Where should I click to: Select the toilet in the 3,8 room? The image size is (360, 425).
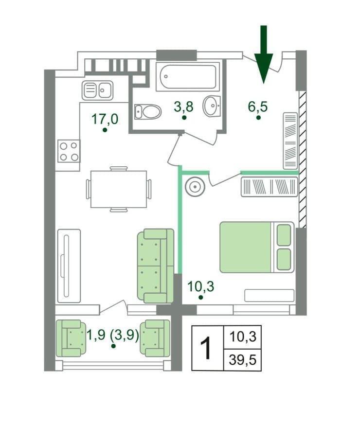pos(148,112)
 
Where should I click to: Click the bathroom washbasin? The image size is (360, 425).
pos(211,106)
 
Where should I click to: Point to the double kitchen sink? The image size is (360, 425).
pos(98,90)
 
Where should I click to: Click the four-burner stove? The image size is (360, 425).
pos(69,151)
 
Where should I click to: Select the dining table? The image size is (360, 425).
pos(119,189)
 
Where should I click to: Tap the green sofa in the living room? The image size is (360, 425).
pos(156,266)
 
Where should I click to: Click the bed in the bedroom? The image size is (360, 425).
pos(257,247)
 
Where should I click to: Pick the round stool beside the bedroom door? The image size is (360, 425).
pos(195,186)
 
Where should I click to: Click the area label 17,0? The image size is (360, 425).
pos(105,119)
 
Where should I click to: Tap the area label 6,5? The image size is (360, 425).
pos(258,106)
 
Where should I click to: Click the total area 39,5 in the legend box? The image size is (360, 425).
pos(243,360)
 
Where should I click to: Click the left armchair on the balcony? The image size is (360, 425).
pos(71,338)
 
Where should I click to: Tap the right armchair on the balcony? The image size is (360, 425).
pos(155,338)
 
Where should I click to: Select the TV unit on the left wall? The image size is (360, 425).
pos(69,266)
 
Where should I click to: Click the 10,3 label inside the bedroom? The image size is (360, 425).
pos(201,286)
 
